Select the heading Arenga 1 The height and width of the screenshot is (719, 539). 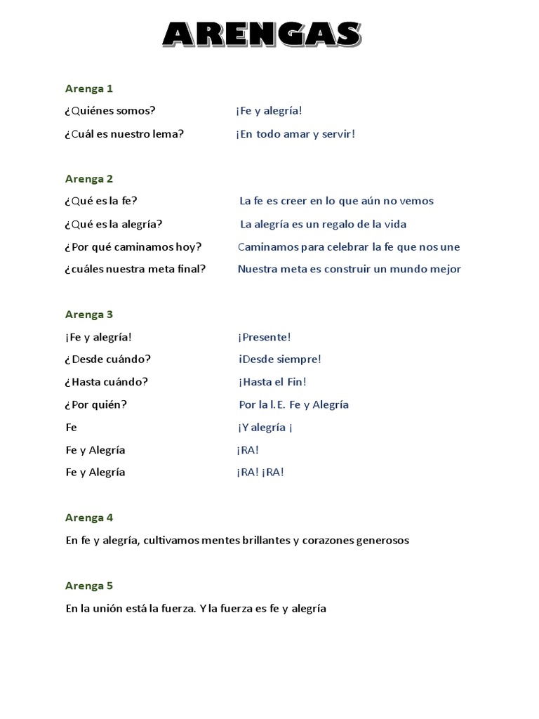(89, 88)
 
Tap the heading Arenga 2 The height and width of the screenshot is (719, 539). (89, 178)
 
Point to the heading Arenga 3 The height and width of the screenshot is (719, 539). (89, 315)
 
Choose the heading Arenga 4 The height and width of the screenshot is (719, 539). (89, 517)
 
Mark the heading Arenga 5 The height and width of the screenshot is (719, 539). (89, 586)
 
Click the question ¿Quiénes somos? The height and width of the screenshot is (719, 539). (110, 111)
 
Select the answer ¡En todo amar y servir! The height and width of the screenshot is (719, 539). (295, 133)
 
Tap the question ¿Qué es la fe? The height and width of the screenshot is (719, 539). (102, 201)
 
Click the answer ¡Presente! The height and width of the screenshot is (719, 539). (264, 337)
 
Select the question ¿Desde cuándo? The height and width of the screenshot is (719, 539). (108, 359)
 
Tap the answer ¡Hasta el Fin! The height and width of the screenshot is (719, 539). (272, 382)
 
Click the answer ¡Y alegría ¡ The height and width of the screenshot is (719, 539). (265, 427)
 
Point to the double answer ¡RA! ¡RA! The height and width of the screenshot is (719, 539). (260, 472)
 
